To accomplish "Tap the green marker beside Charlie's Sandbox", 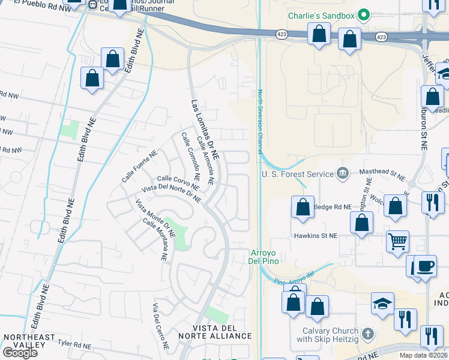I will click(363, 14).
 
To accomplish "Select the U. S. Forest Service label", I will click(297, 174).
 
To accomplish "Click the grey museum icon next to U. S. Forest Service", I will click(342, 174).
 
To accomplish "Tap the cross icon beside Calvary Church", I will click(368, 332).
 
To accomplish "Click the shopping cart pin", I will click(397, 241).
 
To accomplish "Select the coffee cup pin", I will click(426, 265).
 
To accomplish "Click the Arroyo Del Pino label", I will click(262, 256).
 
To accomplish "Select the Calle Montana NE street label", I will click(155, 239).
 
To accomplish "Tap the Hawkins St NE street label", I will click(315, 236).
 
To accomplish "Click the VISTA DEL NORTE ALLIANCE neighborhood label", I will click(222, 331).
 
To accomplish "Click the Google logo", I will click(20, 353).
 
